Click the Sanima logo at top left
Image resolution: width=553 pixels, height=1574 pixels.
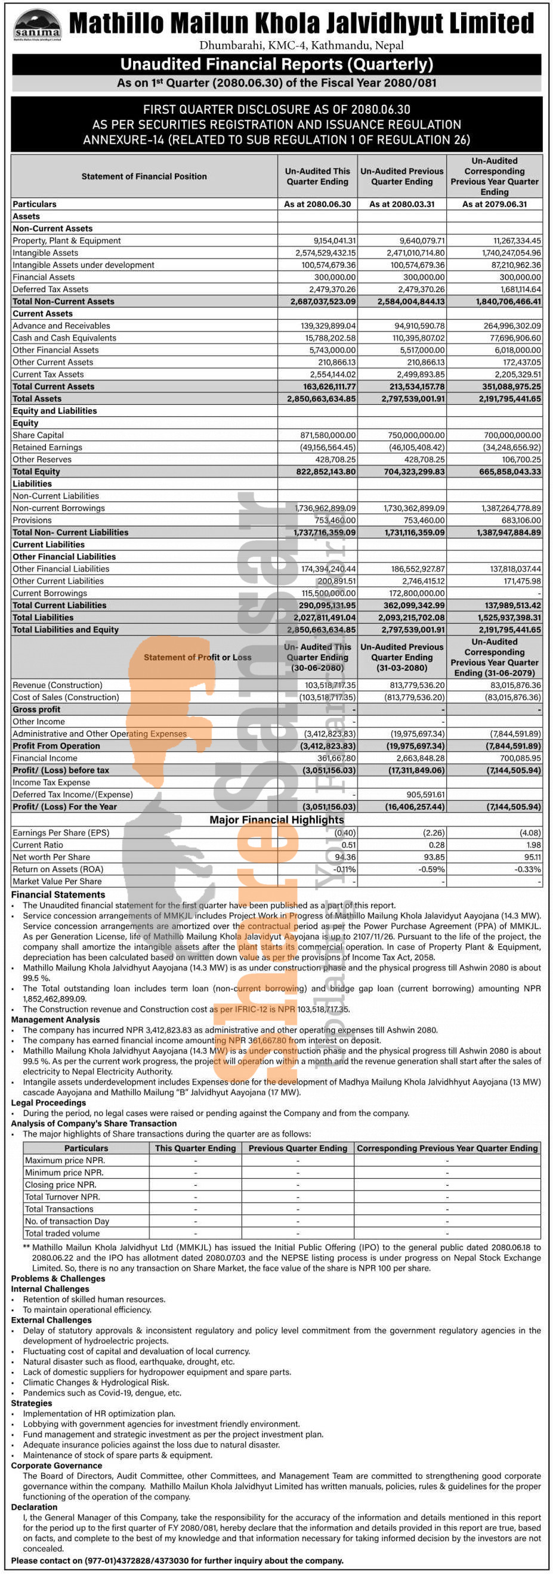tap(37, 24)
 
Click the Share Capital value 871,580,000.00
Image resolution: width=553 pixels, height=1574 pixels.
tap(328, 435)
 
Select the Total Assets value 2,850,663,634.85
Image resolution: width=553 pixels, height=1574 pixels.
tap(322, 398)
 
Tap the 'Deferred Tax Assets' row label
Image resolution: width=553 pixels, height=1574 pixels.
tap(50, 289)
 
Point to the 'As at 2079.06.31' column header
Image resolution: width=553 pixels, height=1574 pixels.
tap(495, 204)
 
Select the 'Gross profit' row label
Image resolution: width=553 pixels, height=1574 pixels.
tap(36, 709)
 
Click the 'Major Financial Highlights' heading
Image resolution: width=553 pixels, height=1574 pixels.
tap(276, 819)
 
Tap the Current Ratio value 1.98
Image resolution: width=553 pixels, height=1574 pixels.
tap(533, 845)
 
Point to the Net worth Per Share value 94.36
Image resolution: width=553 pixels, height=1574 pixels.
tap(345, 857)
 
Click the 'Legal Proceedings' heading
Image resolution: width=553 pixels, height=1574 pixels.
tap(48, 1103)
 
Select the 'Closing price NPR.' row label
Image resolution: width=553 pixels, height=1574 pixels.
tap(60, 1185)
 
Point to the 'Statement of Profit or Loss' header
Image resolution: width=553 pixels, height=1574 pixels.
tap(197, 658)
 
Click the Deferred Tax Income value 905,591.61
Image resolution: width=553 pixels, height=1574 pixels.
tap(425, 794)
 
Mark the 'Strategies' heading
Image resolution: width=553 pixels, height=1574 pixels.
tap(31, 1403)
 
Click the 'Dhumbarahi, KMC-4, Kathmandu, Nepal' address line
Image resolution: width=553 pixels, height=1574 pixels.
tap(301, 45)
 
